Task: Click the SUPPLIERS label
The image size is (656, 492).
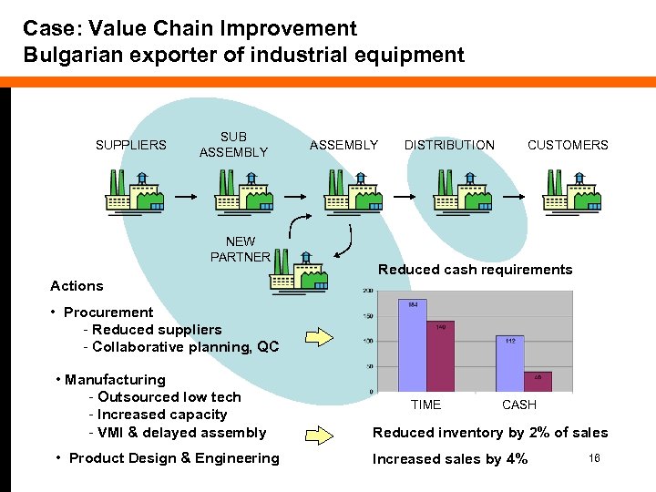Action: point(131,145)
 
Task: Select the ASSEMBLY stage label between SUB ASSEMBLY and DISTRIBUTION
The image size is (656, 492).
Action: point(343,145)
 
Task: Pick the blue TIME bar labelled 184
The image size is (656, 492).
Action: point(413,346)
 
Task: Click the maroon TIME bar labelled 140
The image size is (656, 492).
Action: point(440,357)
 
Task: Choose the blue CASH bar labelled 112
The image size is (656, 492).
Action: point(510,364)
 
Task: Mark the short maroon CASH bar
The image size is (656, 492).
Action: point(538,382)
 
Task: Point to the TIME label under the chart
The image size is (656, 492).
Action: point(425,405)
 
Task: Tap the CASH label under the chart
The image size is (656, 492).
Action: point(519,405)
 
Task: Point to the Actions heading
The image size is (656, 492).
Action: point(77,286)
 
